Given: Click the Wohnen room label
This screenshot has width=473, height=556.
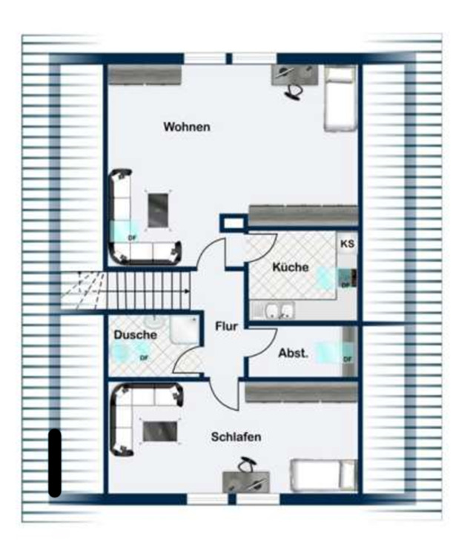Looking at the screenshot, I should (x=187, y=127).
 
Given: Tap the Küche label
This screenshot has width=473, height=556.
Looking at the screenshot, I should (x=290, y=268).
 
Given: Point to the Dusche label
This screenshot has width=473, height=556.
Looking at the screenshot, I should (x=135, y=335).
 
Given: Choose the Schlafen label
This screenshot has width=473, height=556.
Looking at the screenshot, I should (x=236, y=437).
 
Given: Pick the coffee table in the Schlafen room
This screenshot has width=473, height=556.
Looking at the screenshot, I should (x=160, y=431).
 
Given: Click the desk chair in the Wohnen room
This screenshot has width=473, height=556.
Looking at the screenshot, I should (x=294, y=89).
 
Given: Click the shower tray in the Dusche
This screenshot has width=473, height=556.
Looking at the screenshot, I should (x=182, y=331).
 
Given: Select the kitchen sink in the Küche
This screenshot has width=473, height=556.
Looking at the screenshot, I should (x=274, y=310).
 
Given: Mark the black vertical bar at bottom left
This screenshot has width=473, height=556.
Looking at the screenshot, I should (x=55, y=463).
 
